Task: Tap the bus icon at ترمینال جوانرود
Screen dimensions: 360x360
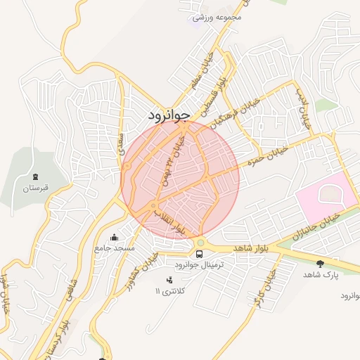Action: pyautogui.click(x=200, y=254)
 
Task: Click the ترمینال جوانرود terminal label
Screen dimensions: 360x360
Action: pyautogui.click(x=199, y=265)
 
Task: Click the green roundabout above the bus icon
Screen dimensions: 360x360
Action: pyautogui.click(x=200, y=243)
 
